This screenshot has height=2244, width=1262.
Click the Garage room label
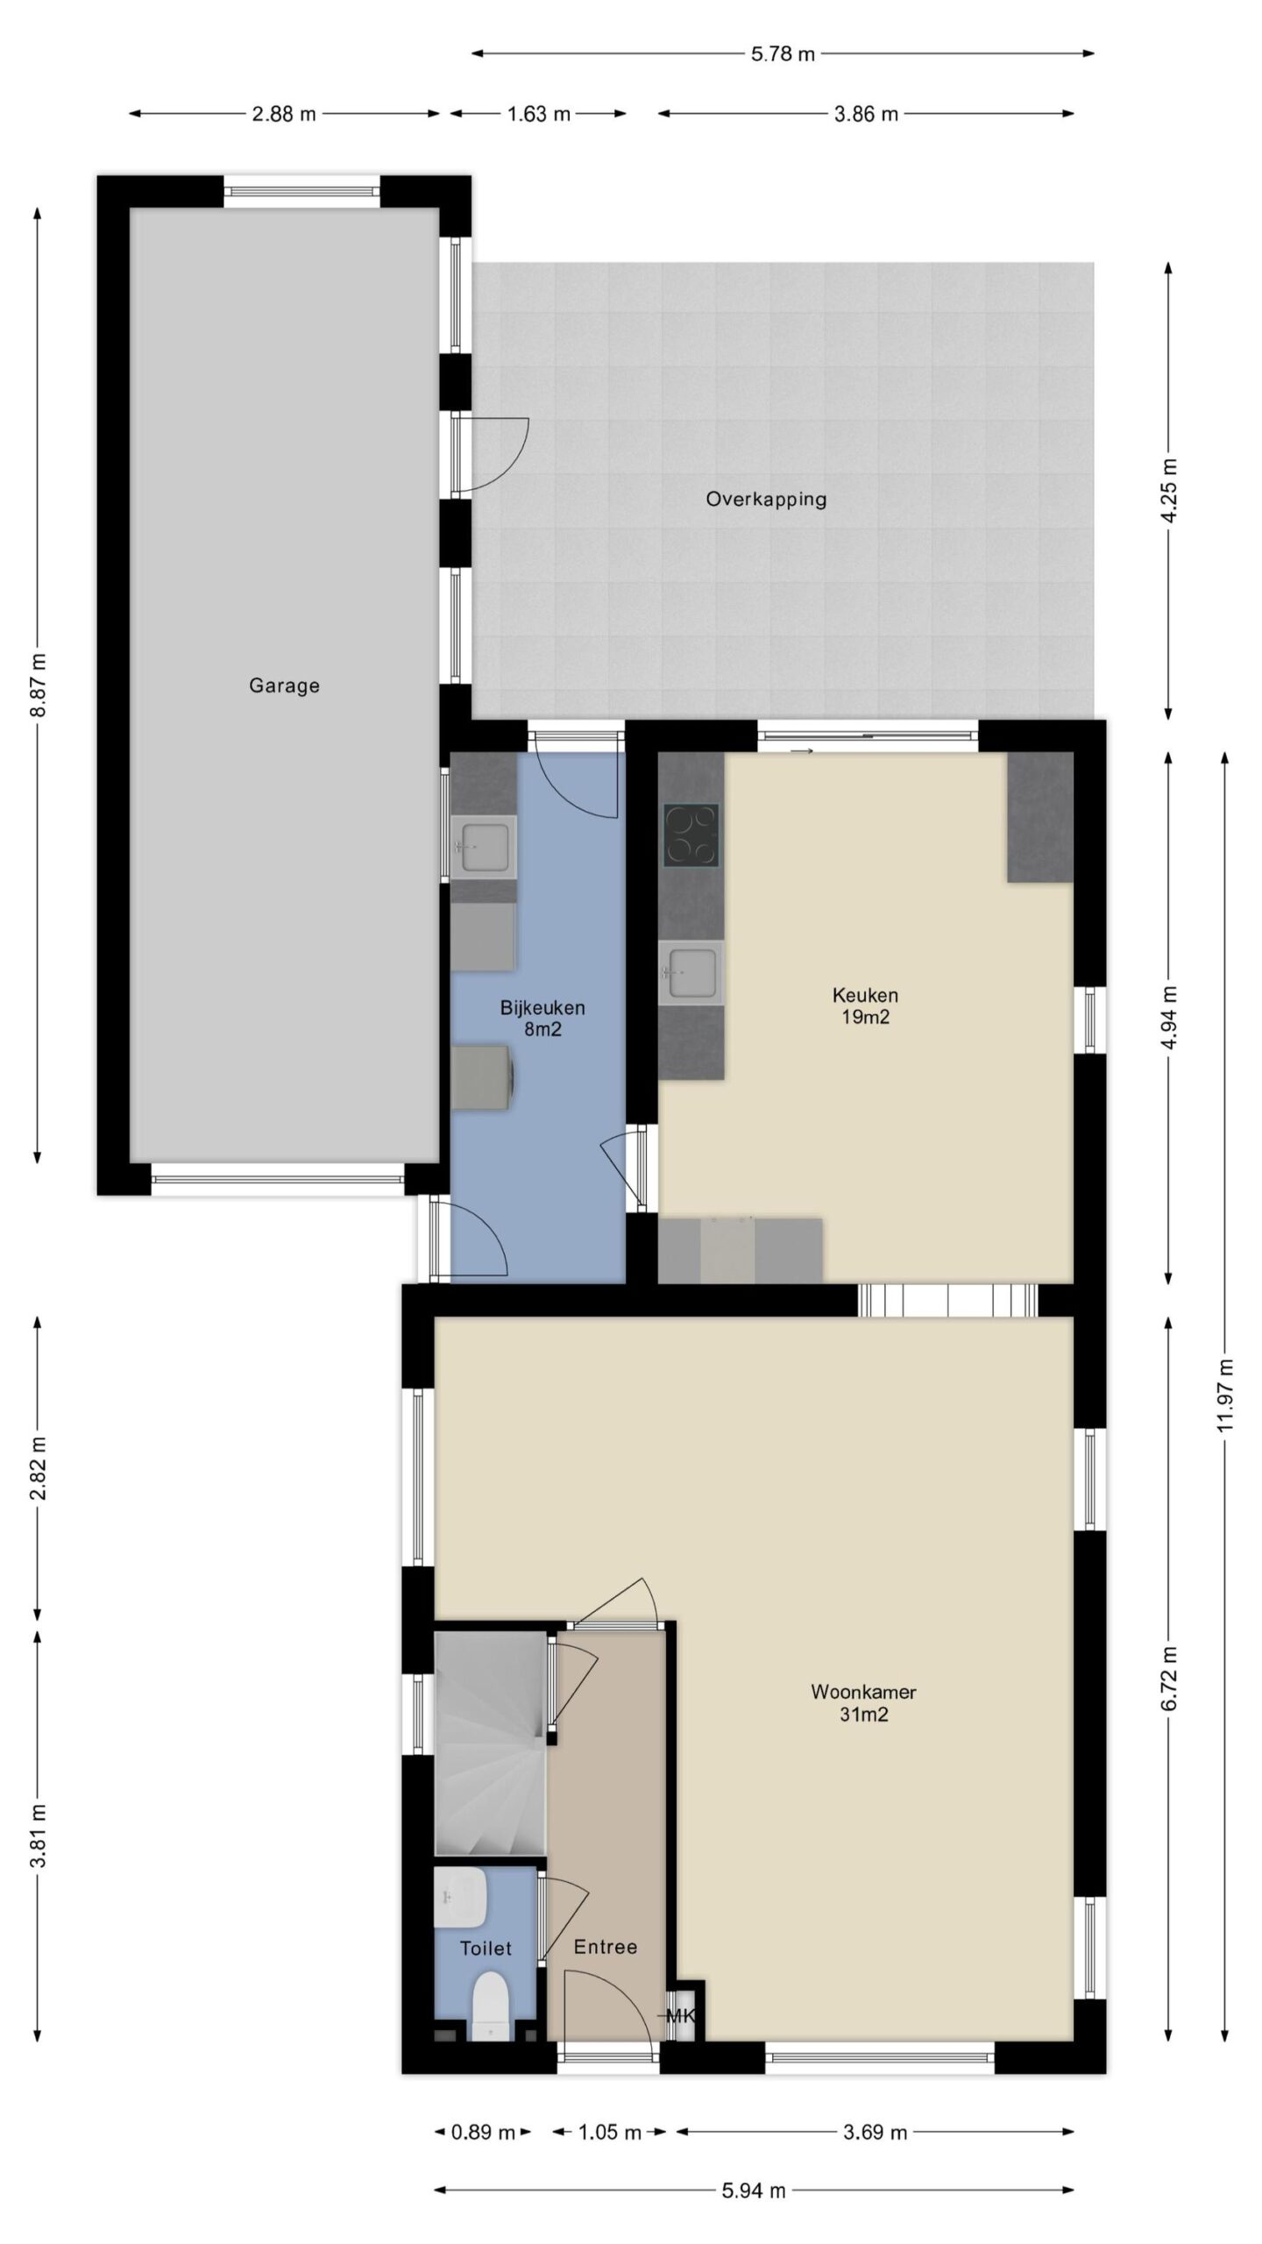click(x=284, y=685)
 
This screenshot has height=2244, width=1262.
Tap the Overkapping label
click(x=766, y=500)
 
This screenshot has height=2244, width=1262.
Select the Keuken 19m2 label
click(x=865, y=1005)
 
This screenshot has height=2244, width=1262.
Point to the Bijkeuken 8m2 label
click(x=542, y=1018)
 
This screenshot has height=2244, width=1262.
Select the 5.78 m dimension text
click(x=783, y=54)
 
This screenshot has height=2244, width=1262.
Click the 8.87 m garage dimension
click(x=38, y=685)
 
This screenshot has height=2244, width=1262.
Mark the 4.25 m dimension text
click(x=1168, y=490)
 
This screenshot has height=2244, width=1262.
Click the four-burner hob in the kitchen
click(x=691, y=835)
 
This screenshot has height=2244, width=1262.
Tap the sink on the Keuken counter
click(x=691, y=973)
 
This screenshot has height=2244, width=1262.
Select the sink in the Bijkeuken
click(x=483, y=847)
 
